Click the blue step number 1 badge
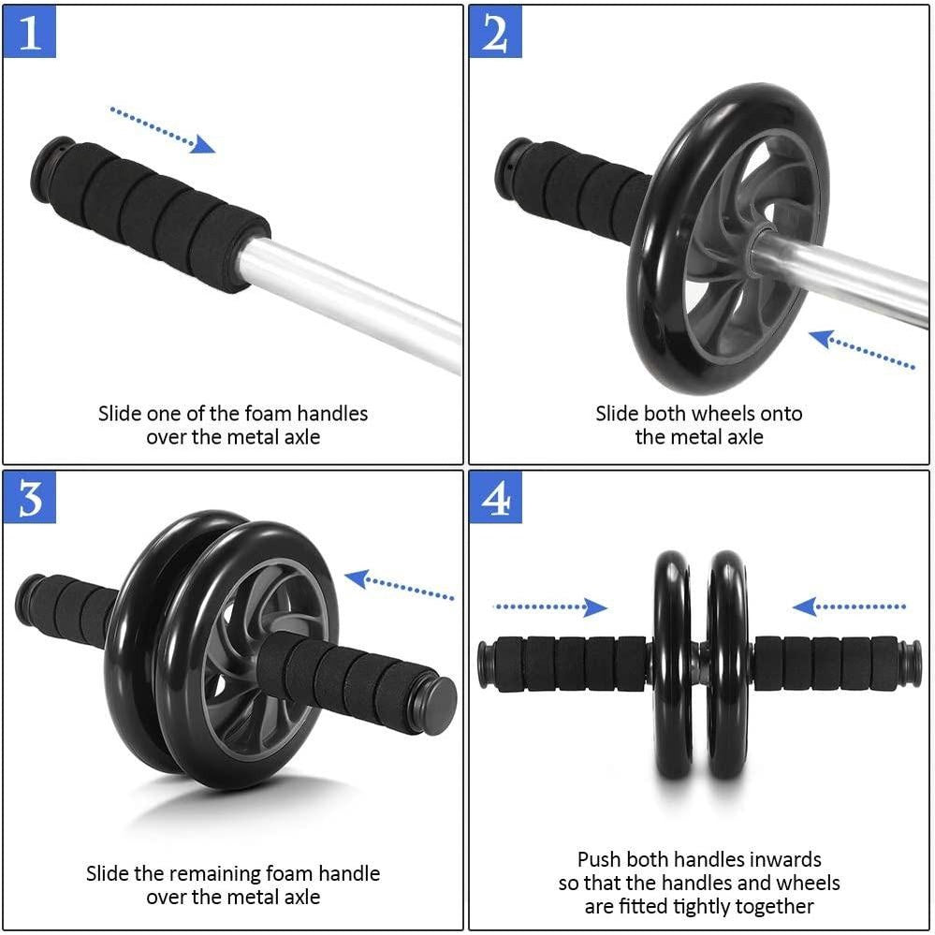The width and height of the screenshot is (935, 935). [30, 32]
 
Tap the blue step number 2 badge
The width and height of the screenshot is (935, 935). [495, 32]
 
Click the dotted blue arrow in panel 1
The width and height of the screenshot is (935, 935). [162, 129]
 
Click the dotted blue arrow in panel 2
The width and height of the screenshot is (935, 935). [862, 351]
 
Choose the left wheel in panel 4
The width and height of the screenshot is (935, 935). [671, 665]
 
